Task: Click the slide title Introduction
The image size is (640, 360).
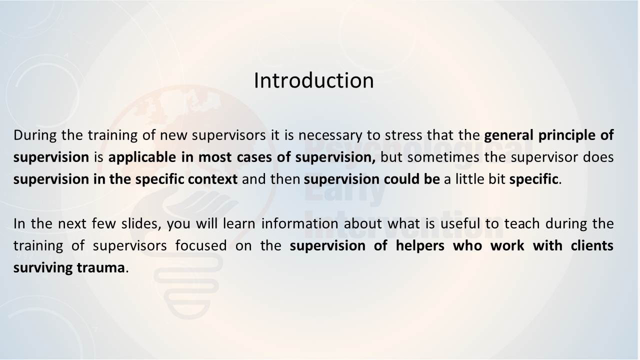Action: click(x=313, y=80)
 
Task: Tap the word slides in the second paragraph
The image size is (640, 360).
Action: click(x=141, y=224)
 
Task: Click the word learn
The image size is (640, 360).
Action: click(x=239, y=223)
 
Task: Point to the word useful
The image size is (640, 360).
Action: click(x=460, y=223)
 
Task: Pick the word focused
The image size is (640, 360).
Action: click(x=201, y=245)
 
